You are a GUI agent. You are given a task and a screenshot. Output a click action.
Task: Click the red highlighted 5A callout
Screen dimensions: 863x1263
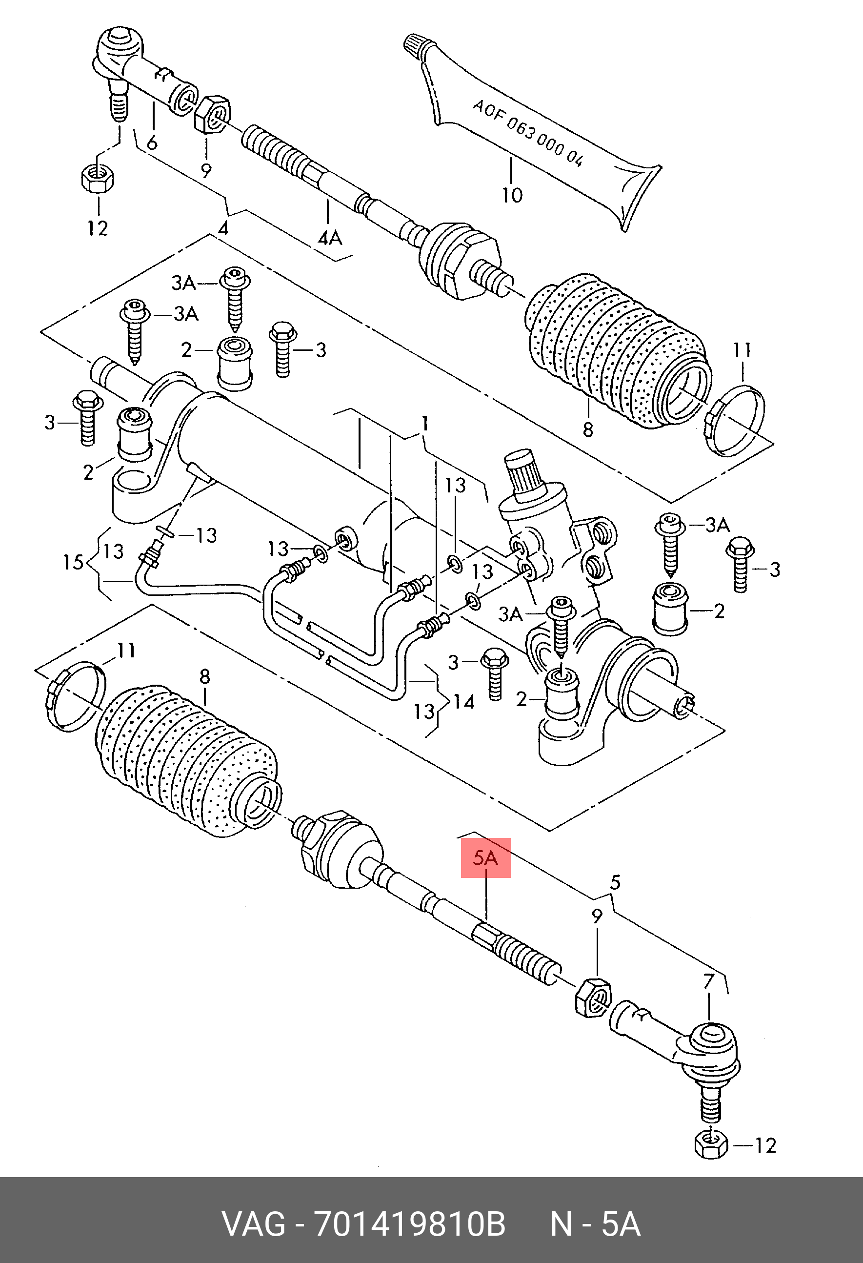485,857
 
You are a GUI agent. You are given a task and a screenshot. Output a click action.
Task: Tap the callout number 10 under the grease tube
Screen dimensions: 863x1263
512,195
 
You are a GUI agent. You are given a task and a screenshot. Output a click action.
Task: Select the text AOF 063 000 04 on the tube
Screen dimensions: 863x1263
527,133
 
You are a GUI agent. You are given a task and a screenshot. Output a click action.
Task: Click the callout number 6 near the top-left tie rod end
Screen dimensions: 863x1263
152,143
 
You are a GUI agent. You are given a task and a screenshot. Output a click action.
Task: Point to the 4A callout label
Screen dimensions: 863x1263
330,238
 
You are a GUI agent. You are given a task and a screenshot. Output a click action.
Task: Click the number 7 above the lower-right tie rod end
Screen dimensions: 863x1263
709,981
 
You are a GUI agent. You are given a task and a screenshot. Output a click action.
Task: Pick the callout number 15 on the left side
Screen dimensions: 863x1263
73,561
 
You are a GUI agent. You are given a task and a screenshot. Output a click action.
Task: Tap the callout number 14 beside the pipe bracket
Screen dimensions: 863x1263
464,702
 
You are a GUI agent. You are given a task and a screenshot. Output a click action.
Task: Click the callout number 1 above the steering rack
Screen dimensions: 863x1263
425,423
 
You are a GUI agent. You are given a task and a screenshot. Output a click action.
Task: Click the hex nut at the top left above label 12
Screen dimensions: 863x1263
97,178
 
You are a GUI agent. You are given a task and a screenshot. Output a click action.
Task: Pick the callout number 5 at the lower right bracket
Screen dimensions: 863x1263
614,882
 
